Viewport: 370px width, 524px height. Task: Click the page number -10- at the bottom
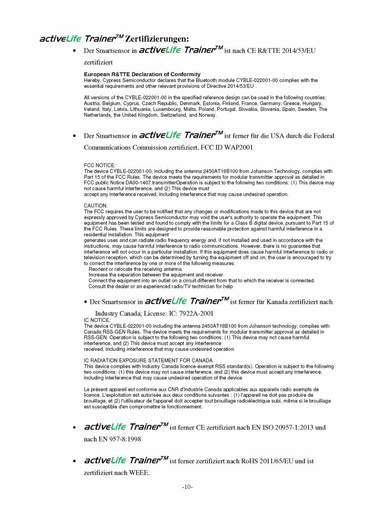coord(187,487)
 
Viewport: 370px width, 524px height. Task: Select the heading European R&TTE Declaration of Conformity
coord(142,74)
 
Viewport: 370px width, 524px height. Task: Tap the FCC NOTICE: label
coord(100,165)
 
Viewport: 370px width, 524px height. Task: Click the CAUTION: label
coord(96,206)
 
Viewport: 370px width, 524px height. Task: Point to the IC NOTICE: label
coord(97,320)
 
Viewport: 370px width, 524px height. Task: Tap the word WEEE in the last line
coord(139,472)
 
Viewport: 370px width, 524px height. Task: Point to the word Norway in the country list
coord(208,115)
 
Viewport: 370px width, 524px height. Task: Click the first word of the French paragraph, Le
coord(87,390)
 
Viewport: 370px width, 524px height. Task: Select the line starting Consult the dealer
coord(160,286)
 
